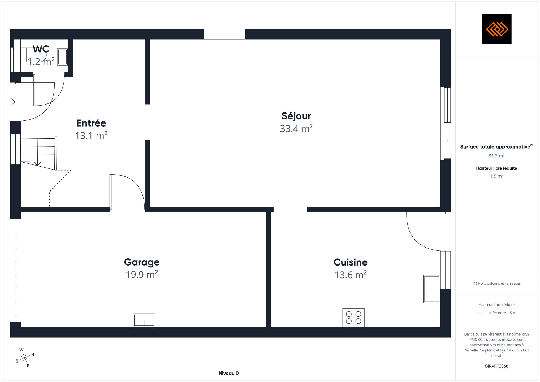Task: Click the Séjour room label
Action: [296, 116]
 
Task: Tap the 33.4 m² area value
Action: [296, 128]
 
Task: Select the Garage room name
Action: [142, 262]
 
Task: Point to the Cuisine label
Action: [350, 262]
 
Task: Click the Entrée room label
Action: [91, 123]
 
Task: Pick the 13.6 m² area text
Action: [350, 275]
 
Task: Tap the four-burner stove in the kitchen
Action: [353, 318]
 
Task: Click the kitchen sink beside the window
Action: [431, 289]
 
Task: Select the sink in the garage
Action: [144, 320]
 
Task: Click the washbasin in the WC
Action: [62, 57]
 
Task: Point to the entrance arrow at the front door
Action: [11, 102]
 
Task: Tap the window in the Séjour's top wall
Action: [224, 34]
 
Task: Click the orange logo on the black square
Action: [496, 29]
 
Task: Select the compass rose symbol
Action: [25, 358]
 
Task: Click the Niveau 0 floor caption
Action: [228, 373]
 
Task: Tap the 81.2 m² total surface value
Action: [496, 156]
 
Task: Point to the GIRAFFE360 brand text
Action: [496, 366]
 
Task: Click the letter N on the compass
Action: [33, 355]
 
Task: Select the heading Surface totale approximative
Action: [495, 147]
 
